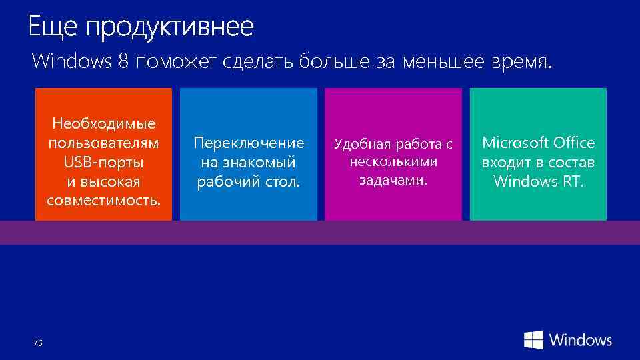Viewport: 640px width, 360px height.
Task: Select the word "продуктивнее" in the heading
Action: [169, 28]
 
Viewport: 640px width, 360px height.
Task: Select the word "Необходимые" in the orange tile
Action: [103, 124]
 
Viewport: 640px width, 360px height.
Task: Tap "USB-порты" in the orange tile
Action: [103, 162]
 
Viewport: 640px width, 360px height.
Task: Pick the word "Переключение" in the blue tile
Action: [248, 143]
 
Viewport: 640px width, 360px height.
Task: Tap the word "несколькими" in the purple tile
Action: [393, 162]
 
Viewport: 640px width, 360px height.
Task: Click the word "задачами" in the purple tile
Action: [392, 180]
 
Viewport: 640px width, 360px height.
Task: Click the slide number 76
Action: [37, 343]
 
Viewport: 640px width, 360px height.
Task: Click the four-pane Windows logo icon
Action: [533, 340]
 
